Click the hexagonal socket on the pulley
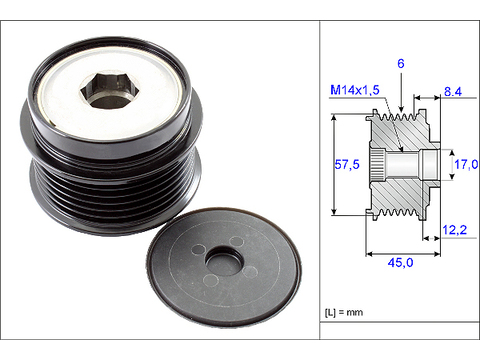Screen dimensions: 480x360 click(109, 90)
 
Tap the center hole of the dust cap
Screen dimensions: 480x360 click(224, 262)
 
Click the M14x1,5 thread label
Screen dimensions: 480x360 click(355, 90)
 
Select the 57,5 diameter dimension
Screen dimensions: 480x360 click(347, 164)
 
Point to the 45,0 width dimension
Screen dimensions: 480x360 click(400, 263)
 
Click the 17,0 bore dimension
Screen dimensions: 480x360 click(466, 164)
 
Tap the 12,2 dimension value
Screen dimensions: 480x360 click(454, 230)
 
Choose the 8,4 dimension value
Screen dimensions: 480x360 click(453, 91)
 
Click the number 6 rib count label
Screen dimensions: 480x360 click(401, 63)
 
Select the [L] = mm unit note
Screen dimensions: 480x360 click(344, 312)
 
